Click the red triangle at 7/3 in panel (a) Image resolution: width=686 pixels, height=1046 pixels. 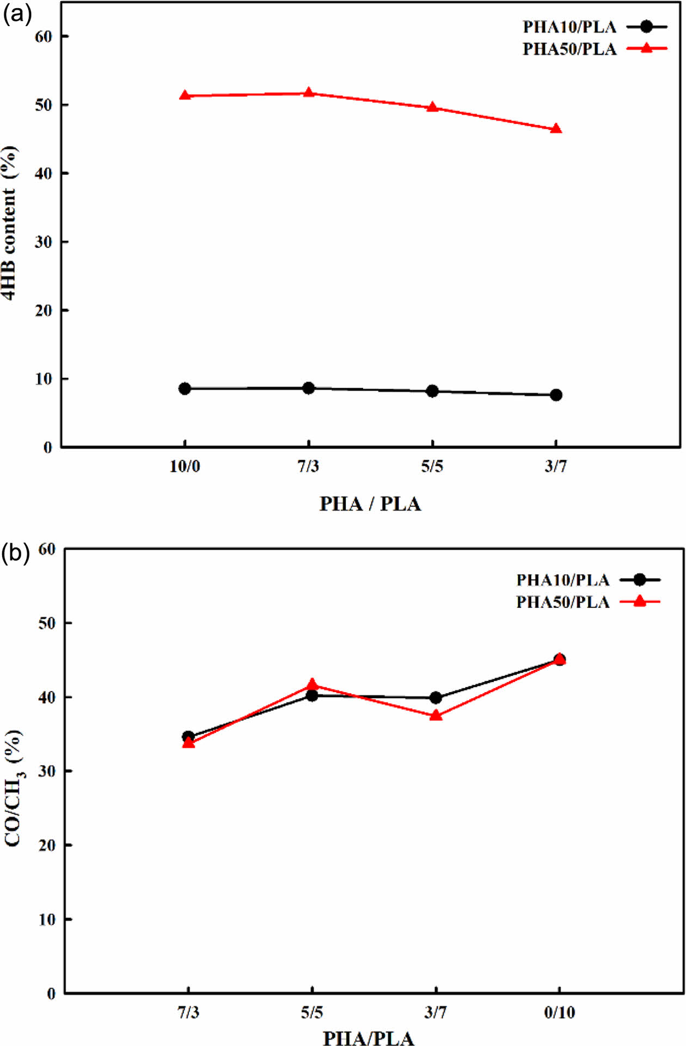coord(309,93)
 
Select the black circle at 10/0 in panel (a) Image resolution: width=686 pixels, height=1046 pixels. coord(185,389)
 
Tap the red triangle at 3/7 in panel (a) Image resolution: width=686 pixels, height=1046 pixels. coord(556,129)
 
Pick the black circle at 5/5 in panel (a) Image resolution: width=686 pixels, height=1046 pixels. coord(432,391)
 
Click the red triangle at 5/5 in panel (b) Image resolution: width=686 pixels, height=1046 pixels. coord(312,684)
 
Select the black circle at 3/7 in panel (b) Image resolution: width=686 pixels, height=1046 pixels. coord(436,698)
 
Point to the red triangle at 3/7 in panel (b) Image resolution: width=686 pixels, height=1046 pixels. coord(436,715)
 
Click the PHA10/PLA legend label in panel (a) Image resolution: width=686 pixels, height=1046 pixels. coord(569,27)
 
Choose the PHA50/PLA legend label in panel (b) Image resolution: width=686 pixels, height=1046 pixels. coord(562,602)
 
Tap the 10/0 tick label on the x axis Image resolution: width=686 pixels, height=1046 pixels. coord(185,466)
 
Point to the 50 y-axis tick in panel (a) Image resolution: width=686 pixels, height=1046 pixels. coord(44,104)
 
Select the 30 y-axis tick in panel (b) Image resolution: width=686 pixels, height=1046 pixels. coord(47,771)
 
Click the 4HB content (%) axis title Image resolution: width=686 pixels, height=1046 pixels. coord(10,223)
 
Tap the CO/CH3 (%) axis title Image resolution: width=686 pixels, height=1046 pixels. coord(13,787)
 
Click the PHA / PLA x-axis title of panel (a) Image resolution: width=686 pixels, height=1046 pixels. coord(370,504)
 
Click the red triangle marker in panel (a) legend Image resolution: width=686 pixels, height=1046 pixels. coord(646,48)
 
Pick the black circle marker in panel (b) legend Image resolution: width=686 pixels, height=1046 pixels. coord(640,580)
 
